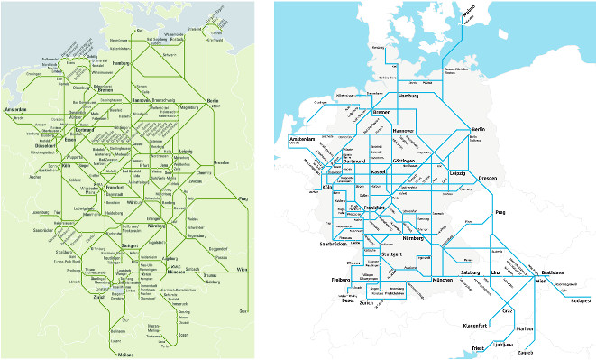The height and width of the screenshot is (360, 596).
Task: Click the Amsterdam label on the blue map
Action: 301,140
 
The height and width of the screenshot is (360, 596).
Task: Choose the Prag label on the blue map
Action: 501,213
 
